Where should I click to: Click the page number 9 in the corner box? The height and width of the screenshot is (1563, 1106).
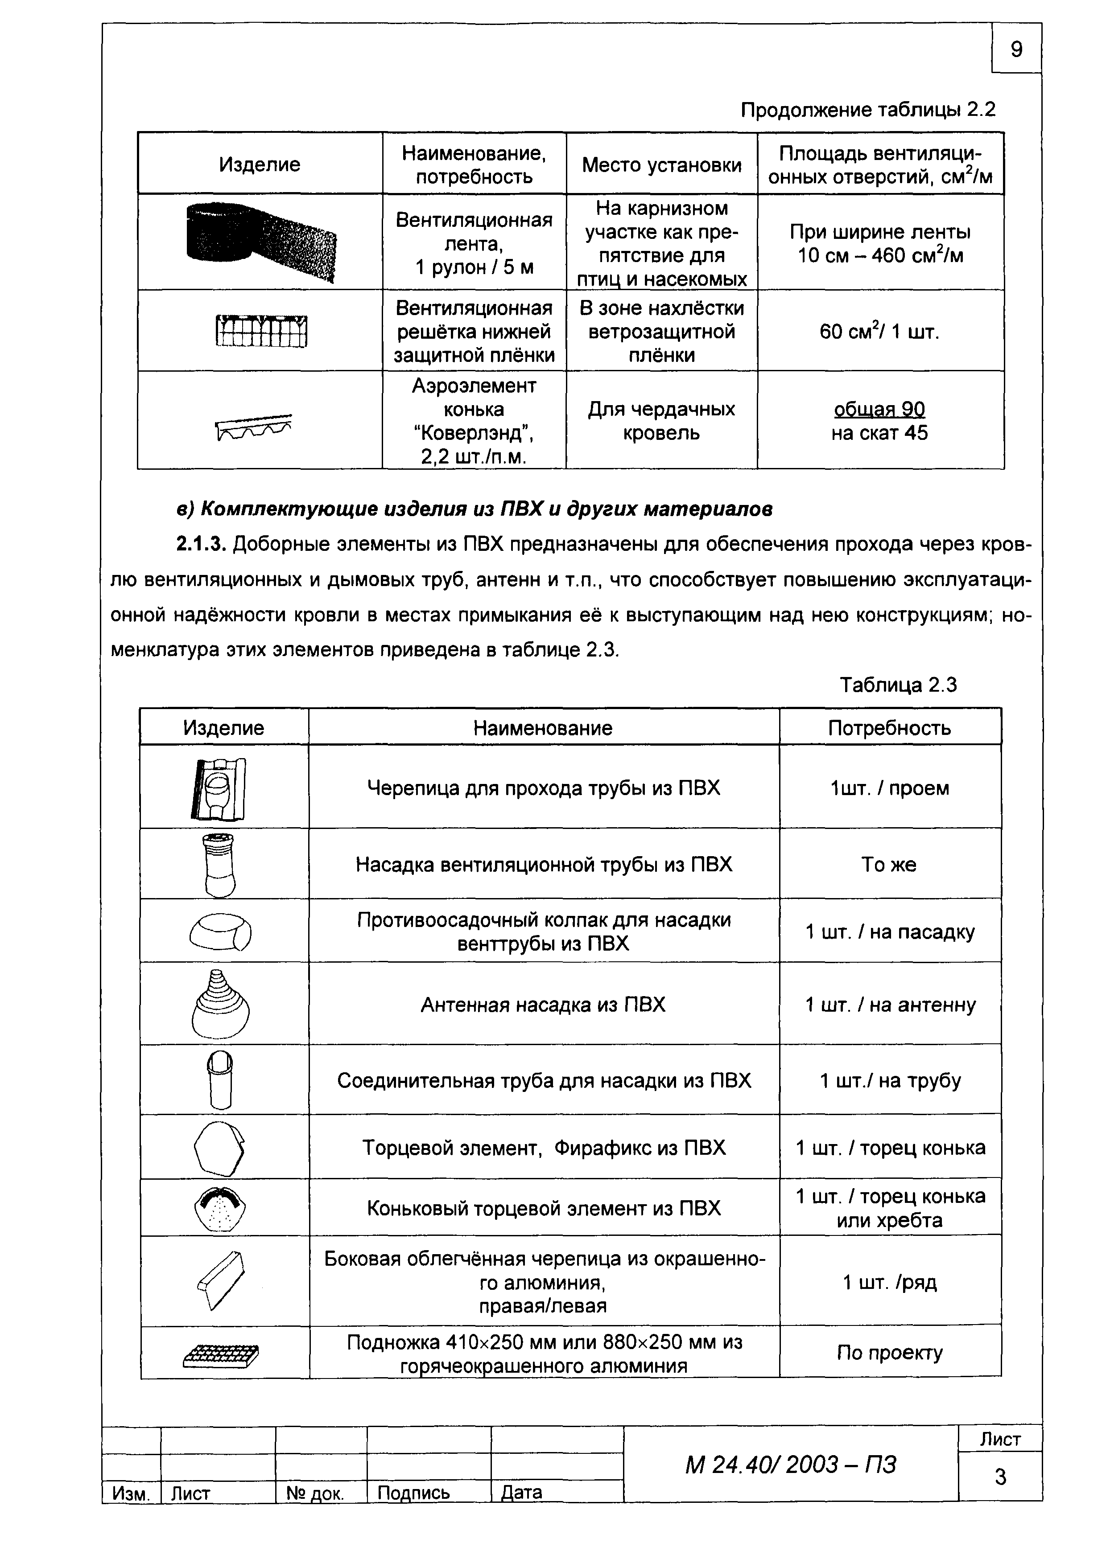[x=1015, y=49]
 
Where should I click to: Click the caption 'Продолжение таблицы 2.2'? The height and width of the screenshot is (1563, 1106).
[x=868, y=110]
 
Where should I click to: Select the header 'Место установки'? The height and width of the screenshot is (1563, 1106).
[x=661, y=165]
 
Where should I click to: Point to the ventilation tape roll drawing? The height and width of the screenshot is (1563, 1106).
[x=261, y=242]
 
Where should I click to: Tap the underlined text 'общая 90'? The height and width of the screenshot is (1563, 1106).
[x=879, y=409]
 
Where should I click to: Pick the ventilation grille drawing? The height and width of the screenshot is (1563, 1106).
[x=261, y=331]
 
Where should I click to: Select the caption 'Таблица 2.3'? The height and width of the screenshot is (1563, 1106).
[x=898, y=685]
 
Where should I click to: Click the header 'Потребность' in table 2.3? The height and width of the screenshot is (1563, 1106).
[x=889, y=728]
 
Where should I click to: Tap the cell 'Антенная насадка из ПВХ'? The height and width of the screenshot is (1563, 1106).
[x=543, y=1005]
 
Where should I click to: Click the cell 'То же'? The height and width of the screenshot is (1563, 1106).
[x=889, y=865]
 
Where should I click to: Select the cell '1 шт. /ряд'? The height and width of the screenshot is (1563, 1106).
[x=889, y=1283]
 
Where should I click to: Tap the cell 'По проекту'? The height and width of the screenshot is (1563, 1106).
[x=889, y=1353]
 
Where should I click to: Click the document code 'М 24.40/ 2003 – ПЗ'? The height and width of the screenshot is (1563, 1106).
[x=790, y=1465]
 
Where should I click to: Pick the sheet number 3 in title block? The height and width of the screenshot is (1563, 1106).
[x=1000, y=1477]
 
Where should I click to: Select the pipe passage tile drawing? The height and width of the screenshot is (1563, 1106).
[x=219, y=788]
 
